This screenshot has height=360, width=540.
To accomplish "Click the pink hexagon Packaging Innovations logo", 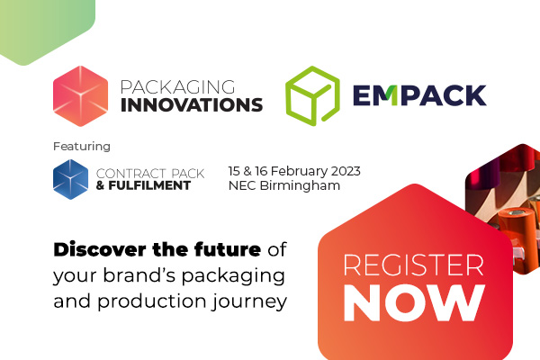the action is (81, 96).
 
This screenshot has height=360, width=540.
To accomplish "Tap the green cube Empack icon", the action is (312, 95).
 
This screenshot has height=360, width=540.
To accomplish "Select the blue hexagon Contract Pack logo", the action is (70, 179).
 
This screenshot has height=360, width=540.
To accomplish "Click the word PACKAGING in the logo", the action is (177, 87).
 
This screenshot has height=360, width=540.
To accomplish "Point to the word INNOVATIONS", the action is (192, 105).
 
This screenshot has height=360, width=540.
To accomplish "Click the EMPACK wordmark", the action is (419, 95).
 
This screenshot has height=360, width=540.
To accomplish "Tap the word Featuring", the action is (82, 147).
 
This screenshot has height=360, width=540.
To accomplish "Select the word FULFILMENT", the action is (149, 185).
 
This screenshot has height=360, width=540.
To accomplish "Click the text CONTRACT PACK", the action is (150, 174).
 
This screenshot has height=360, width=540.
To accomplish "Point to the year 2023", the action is (346, 171).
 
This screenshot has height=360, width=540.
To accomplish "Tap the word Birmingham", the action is (300, 185).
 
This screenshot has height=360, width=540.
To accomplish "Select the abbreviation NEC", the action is (242, 185).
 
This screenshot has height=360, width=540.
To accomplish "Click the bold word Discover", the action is (100, 249).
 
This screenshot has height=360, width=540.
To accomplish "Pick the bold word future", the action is (228, 249).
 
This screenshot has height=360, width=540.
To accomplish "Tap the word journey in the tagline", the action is (249, 302).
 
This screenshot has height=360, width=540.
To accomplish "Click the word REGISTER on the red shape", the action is (414, 265).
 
